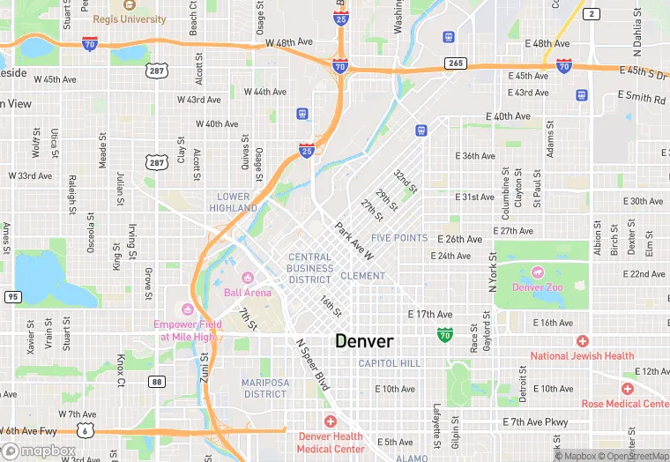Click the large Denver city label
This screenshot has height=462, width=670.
tap(364, 341)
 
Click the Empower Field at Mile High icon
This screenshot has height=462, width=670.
tap(186, 309)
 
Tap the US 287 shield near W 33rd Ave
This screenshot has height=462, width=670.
tap(157, 162)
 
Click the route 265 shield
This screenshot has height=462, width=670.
tap(455, 63)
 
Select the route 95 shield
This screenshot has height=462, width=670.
tap(11, 297)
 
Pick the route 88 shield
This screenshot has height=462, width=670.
tap(157, 381)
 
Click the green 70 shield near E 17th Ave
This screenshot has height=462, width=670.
tap(445, 334)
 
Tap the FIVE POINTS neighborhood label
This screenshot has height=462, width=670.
tap(399, 238)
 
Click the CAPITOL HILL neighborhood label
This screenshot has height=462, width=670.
tap(390, 363)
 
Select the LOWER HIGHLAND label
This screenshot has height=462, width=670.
tap(234, 202)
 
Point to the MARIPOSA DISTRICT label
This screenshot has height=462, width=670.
tap(265, 388)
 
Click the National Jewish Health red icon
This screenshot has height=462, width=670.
tap(582, 341)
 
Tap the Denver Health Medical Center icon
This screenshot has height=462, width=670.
tap(331, 422)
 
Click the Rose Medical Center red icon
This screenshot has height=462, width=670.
tap(627, 389)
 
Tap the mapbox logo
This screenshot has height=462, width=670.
tap(39, 451)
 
